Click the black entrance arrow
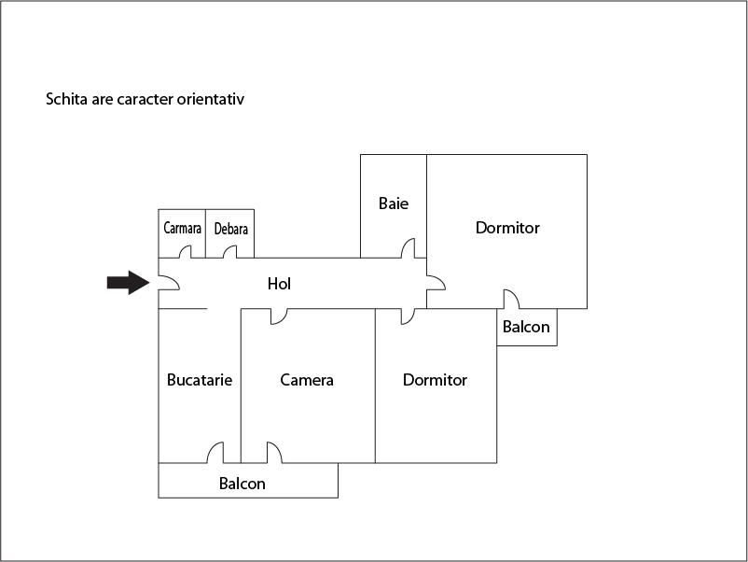[128, 282]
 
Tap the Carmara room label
[182, 228]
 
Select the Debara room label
[230, 229]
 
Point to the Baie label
[394, 203]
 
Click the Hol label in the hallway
[279, 284]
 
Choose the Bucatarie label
[200, 380]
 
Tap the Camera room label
[307, 380]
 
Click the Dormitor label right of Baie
[507, 228]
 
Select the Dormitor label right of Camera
[435, 380]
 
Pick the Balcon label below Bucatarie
[242, 484]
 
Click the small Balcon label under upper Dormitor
[526, 328]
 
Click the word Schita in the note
[66, 98]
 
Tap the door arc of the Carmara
[186, 252]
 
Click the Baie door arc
[408, 248]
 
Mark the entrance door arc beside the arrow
[169, 283]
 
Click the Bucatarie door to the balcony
[215, 453]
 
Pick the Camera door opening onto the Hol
[278, 316]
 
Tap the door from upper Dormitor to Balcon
[511, 299]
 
